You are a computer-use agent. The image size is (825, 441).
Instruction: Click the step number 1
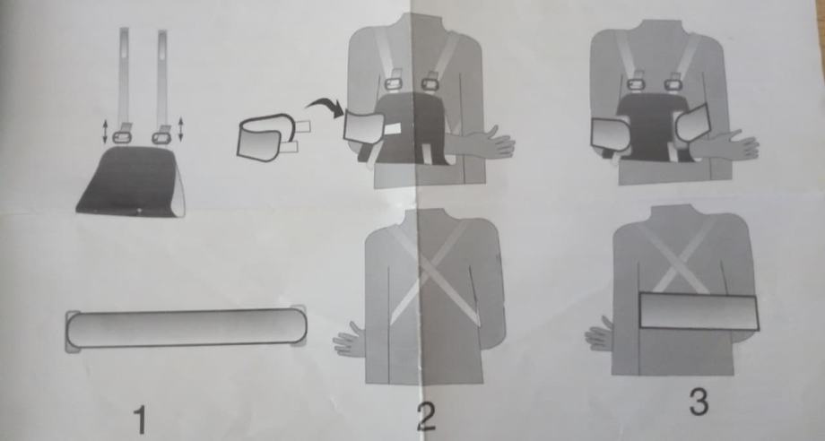[x=139, y=420]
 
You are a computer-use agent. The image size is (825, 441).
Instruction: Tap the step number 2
[x=426, y=416]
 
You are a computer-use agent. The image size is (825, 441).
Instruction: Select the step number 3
[x=699, y=402]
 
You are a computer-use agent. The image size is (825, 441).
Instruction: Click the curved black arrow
[x=325, y=106]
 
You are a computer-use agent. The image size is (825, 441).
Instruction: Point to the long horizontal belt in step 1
[x=186, y=328]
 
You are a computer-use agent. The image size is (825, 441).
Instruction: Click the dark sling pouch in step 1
[x=131, y=181]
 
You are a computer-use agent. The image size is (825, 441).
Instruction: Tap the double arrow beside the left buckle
[x=105, y=132]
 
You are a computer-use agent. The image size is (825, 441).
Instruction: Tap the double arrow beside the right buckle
[x=180, y=129]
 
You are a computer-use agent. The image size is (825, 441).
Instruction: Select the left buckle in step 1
[x=122, y=137]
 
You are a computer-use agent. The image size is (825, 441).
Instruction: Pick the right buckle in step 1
[x=161, y=138]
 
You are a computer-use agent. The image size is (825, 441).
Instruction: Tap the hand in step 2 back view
[x=349, y=340]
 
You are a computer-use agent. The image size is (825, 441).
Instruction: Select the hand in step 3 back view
[x=599, y=334]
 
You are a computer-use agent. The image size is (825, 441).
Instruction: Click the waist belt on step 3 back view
[x=699, y=312]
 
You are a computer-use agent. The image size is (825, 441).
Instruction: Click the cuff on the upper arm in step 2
[x=364, y=126]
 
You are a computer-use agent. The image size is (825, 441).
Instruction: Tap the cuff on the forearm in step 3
[x=692, y=124]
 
